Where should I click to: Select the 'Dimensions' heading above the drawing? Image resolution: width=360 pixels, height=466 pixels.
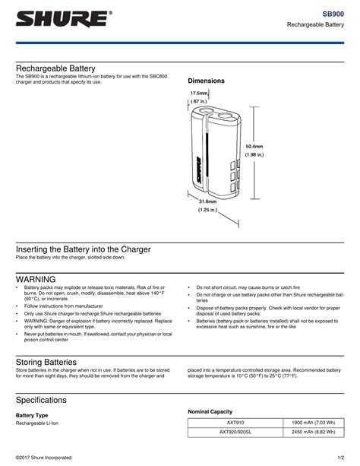[x=207, y=81]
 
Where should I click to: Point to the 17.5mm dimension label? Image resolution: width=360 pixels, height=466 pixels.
[x=199, y=94]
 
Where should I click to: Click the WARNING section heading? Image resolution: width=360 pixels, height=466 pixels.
[x=36, y=279]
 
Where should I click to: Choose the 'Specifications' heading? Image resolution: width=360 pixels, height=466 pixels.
[x=46, y=400]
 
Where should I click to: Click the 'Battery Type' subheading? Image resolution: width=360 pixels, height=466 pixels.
[x=33, y=416]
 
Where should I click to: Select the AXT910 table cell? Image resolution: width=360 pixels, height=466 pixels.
[x=235, y=423]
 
